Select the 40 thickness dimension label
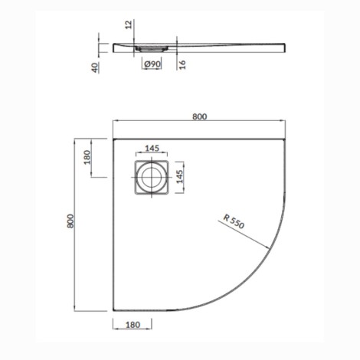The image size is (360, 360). coord(94,67)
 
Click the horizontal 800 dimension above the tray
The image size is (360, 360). coord(199,116)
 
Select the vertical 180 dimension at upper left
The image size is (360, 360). coord(87,159)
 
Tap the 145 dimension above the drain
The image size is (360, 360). coord(150,147)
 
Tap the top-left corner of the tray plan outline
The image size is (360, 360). coord(113,139)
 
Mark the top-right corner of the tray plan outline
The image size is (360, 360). coord(287,139)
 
